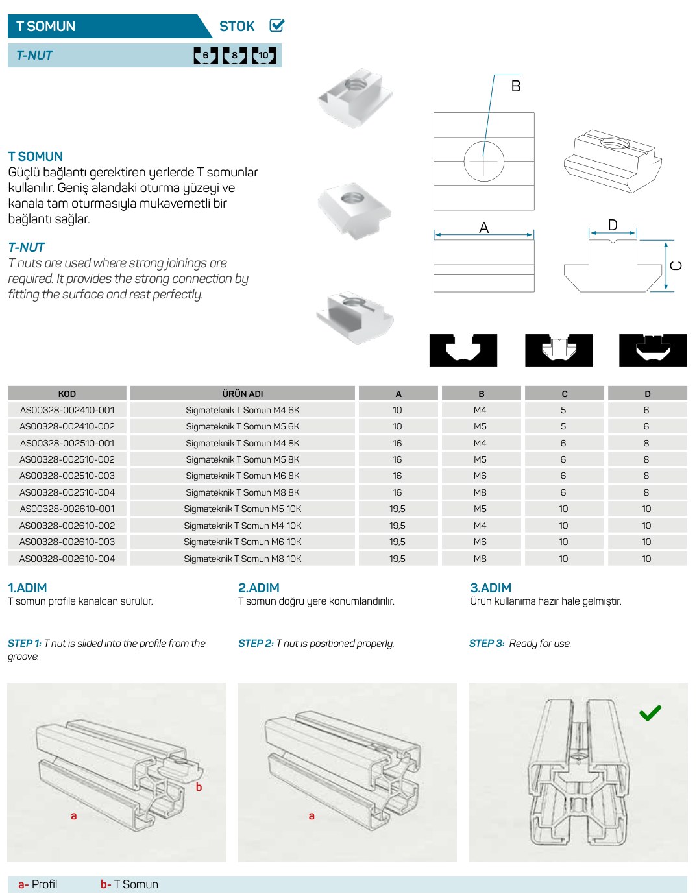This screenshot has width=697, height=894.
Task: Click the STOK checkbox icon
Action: click(x=276, y=25)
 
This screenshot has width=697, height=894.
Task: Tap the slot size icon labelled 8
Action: click(x=234, y=56)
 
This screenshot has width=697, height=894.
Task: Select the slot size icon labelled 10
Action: click(x=263, y=56)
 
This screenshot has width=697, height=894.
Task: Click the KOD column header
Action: click(x=67, y=394)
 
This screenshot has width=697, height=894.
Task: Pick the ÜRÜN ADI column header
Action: click(x=242, y=394)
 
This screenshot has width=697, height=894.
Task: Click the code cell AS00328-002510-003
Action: click(x=67, y=476)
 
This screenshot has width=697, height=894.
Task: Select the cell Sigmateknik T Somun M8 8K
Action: click(x=242, y=492)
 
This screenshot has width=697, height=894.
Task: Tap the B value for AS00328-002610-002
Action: click(x=480, y=526)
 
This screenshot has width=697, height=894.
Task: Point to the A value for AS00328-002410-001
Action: click(x=397, y=410)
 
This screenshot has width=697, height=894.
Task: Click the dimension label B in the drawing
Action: click(x=515, y=86)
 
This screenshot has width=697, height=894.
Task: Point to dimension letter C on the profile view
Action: click(x=676, y=266)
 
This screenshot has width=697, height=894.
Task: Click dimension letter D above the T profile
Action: click(x=612, y=225)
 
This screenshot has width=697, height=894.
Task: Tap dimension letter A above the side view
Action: click(x=484, y=228)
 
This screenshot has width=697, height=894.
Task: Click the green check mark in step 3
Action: click(x=650, y=712)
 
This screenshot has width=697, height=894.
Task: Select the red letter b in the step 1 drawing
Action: click(x=199, y=786)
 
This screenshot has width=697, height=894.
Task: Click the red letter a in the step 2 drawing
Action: click(x=312, y=816)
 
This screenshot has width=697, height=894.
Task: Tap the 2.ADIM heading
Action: click(x=258, y=588)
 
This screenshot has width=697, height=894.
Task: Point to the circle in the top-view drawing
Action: click(x=484, y=162)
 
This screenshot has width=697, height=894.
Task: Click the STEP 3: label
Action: click(x=487, y=643)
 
